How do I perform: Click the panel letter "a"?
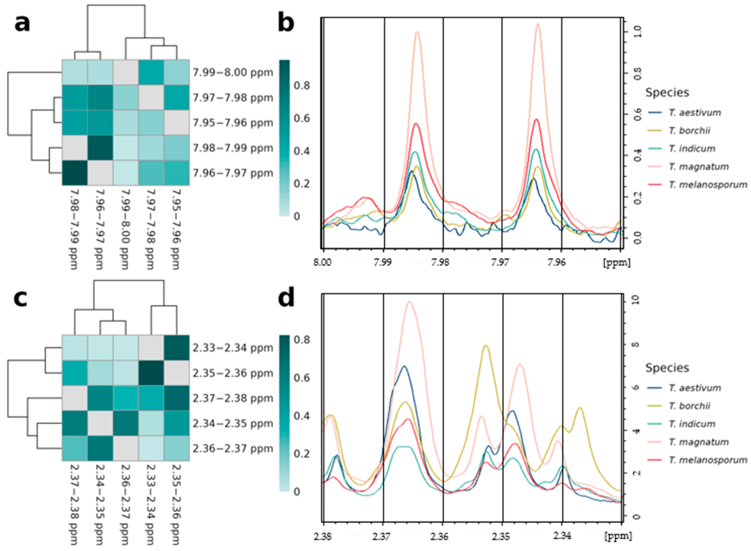pos(22,24)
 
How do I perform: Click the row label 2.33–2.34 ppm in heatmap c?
pos(233,348)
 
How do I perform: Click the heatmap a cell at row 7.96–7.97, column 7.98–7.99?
pos(75,173)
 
